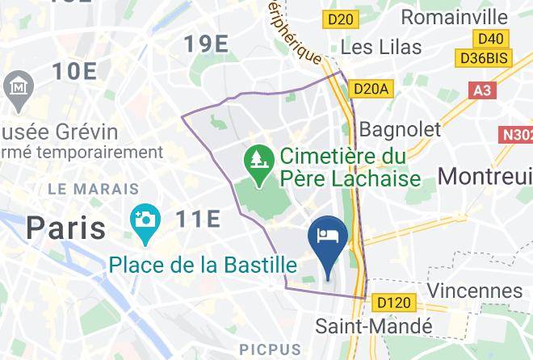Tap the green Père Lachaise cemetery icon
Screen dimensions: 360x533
click(x=257, y=158)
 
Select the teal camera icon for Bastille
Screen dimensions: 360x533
click(x=146, y=220)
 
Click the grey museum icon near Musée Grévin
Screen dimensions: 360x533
click(x=15, y=86)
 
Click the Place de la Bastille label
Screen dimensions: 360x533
click(x=203, y=264)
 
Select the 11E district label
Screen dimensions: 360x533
click(x=198, y=218)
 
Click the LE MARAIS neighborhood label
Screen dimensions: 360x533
click(x=94, y=189)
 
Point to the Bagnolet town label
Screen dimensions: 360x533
click(x=400, y=128)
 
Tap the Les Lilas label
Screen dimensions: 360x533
click(x=384, y=46)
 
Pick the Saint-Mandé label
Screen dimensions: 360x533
click(x=374, y=326)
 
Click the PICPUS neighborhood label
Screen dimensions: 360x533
click(x=270, y=350)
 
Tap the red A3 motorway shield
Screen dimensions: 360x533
click(x=482, y=90)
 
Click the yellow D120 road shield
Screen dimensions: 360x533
click(x=393, y=303)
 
